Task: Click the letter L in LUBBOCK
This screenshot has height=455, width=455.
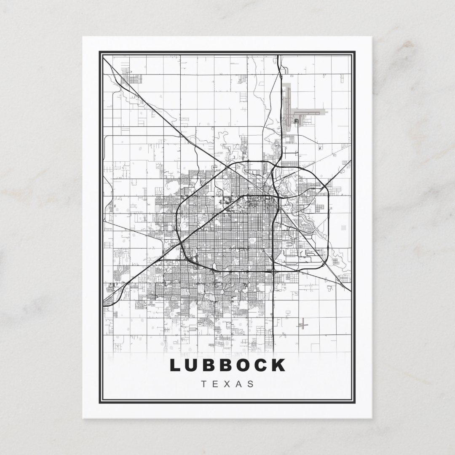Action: click(175, 365)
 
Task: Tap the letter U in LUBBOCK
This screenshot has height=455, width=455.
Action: click(194, 365)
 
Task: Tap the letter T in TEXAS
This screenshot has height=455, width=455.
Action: click(205, 384)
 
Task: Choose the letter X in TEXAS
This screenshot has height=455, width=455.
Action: click(228, 384)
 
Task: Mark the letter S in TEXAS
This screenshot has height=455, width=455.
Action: click(251, 384)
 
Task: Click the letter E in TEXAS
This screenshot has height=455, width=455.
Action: click(216, 384)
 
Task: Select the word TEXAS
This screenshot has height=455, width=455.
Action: click(228, 384)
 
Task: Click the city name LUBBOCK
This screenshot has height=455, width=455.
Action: click(227, 365)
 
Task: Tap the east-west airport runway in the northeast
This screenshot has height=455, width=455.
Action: click(310, 112)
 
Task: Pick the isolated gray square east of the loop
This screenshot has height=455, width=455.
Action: click(343, 227)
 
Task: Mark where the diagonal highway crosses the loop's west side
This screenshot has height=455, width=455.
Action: click(181, 244)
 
